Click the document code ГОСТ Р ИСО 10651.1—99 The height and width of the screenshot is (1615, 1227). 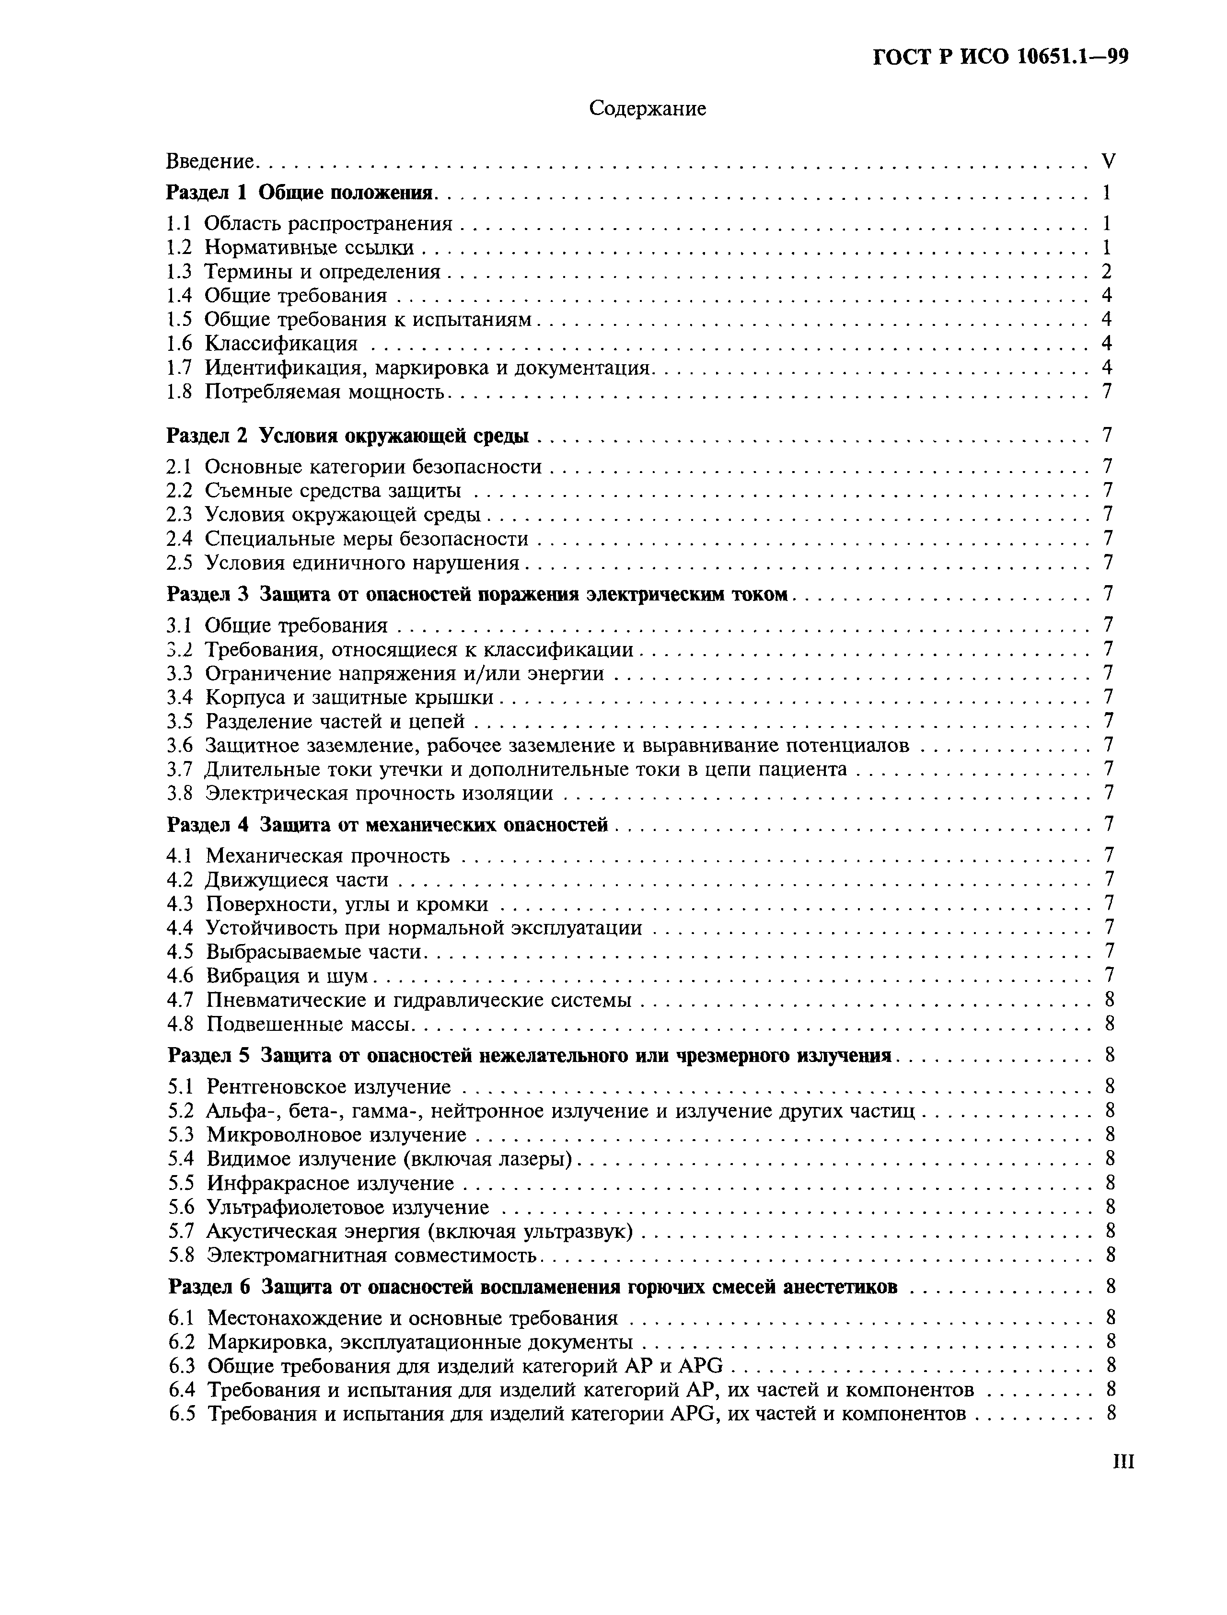(x=1001, y=57)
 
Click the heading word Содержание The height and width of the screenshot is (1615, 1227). (x=647, y=109)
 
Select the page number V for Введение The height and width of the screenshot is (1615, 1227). (x=1108, y=161)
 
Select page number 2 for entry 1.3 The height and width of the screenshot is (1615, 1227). (x=1107, y=272)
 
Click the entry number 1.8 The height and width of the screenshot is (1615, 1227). (x=179, y=392)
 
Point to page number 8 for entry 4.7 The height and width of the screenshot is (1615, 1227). (x=1109, y=1000)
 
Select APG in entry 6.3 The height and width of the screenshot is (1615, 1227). (x=700, y=1365)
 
